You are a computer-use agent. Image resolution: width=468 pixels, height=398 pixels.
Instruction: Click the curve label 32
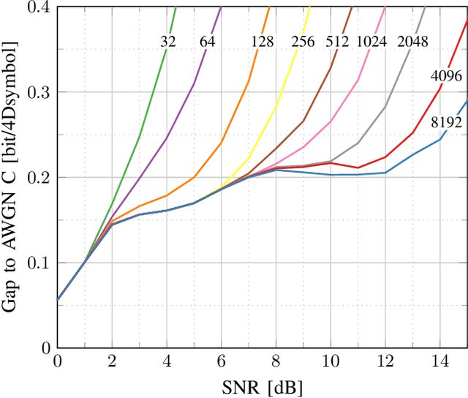(x=168, y=42)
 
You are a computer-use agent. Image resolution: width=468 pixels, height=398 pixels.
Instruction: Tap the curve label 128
(x=263, y=42)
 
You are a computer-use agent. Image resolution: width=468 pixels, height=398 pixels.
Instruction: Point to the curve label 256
(x=303, y=42)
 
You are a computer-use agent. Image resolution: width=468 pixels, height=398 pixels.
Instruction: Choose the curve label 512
(x=337, y=42)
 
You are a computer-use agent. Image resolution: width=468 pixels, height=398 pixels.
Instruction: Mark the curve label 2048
(x=412, y=42)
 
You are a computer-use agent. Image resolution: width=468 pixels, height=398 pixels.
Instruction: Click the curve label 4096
(x=445, y=75)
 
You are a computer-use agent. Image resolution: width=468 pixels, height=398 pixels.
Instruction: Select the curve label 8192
(x=446, y=122)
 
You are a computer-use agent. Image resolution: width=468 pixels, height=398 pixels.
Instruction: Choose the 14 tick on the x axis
(x=440, y=361)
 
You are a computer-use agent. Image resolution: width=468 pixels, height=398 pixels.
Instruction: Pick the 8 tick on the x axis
(x=276, y=361)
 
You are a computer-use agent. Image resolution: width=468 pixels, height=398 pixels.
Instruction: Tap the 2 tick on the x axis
(x=112, y=361)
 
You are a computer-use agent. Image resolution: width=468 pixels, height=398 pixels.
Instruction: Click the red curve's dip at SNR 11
(x=358, y=168)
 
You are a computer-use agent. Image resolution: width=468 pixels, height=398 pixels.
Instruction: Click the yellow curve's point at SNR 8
(x=276, y=107)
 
